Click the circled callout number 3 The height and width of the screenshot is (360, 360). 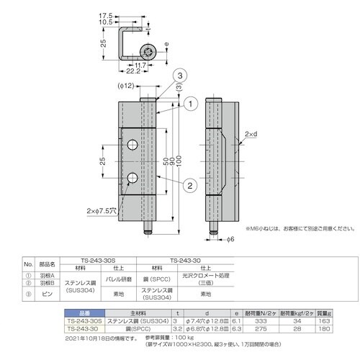point(180,76)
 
